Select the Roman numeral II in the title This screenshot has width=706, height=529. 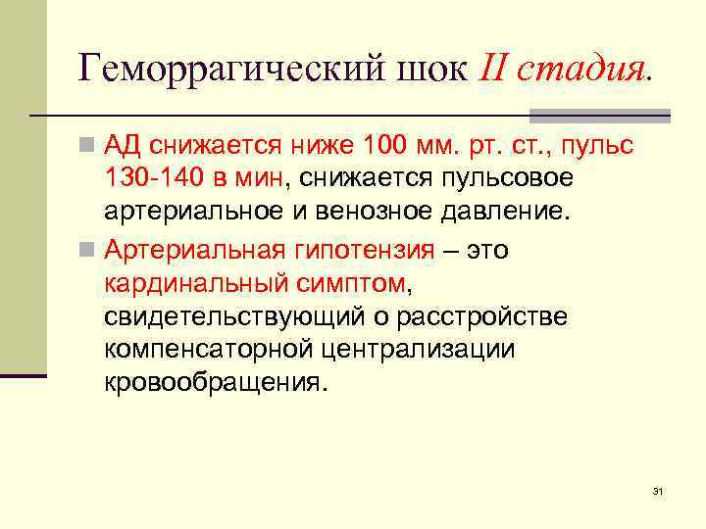[496, 70]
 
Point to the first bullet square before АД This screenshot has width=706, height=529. [87, 147]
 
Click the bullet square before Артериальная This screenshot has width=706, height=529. [87, 251]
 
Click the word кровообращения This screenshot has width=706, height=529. [212, 383]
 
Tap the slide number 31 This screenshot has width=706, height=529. [658, 490]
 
